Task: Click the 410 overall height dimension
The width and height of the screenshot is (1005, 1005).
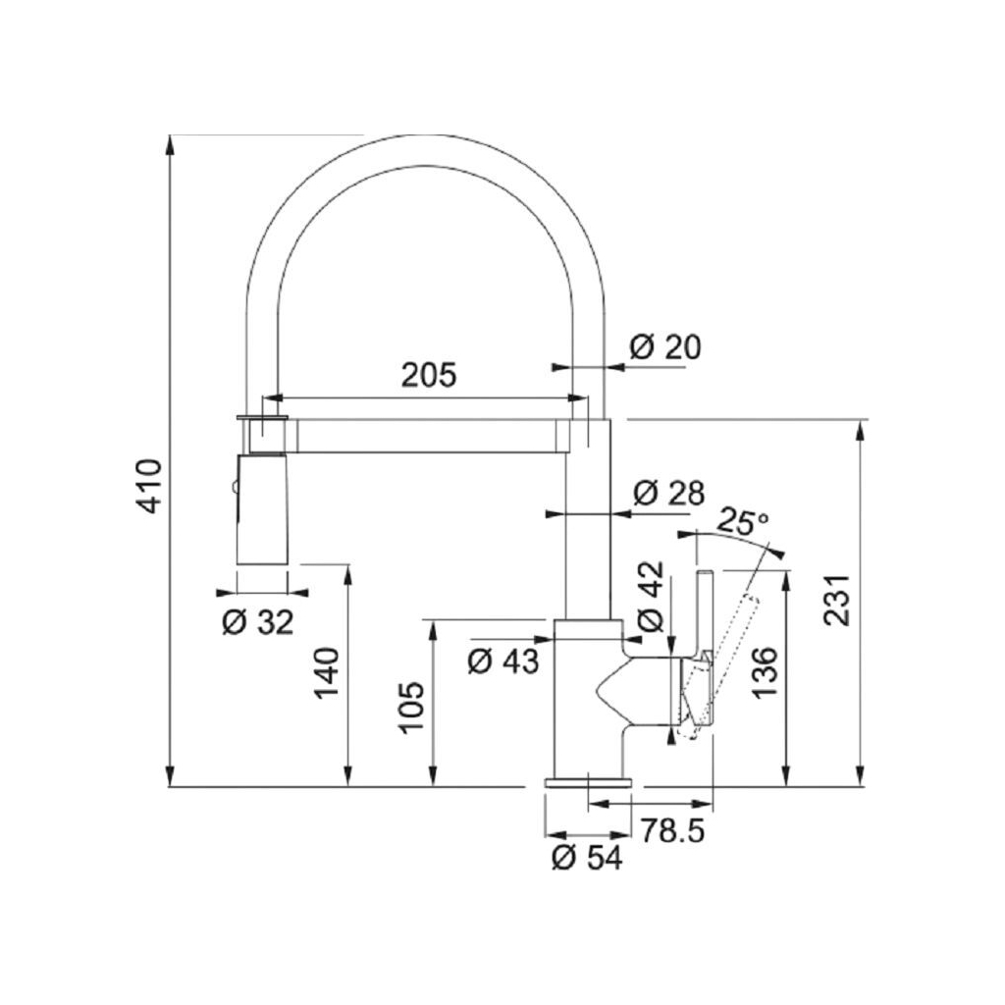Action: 149,485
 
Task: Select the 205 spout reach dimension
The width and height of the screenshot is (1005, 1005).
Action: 429,375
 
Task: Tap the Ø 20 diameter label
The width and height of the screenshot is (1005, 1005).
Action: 665,346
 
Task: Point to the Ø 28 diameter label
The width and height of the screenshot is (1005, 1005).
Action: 668,494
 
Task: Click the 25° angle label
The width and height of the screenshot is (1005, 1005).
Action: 743,520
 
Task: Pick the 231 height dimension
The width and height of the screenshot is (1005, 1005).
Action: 836,600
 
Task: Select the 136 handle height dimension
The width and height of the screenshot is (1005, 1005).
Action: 767,671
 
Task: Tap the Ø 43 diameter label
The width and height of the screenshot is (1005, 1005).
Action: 503,661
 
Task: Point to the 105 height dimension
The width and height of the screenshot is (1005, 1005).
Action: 412,709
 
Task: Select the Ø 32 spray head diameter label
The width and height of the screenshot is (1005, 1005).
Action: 258,621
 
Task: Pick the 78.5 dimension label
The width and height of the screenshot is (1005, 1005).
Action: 673,831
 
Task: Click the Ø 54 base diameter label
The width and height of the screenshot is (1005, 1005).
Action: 587,857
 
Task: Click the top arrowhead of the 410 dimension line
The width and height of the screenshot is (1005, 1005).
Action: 171,143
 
